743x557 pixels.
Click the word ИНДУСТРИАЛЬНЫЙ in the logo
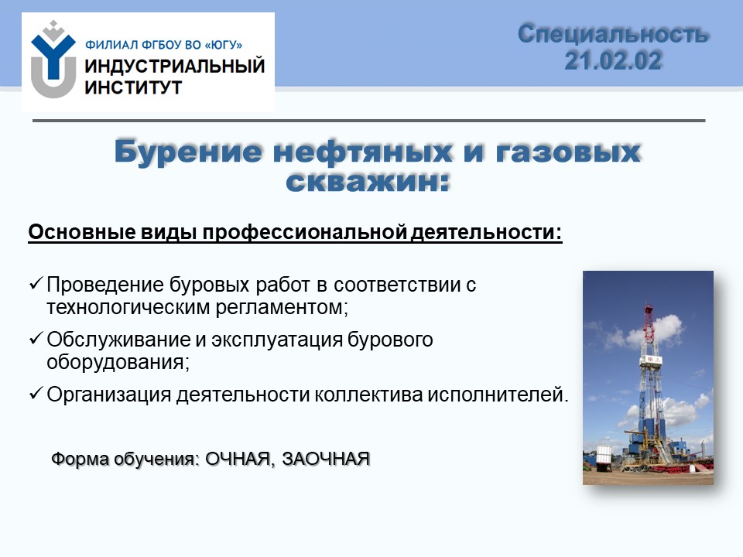pos(174,67)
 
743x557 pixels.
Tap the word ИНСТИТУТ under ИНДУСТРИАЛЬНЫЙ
pos(133,87)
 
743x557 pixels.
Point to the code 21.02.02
pos(613,60)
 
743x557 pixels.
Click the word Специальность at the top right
pos(613,34)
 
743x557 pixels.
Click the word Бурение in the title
pos(188,152)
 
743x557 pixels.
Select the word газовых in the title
pos(568,152)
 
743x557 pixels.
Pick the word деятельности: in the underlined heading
pos(487,233)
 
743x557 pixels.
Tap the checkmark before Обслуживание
pos(36,338)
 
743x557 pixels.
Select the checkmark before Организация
pos(36,393)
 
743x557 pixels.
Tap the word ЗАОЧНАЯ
pos(326,459)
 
